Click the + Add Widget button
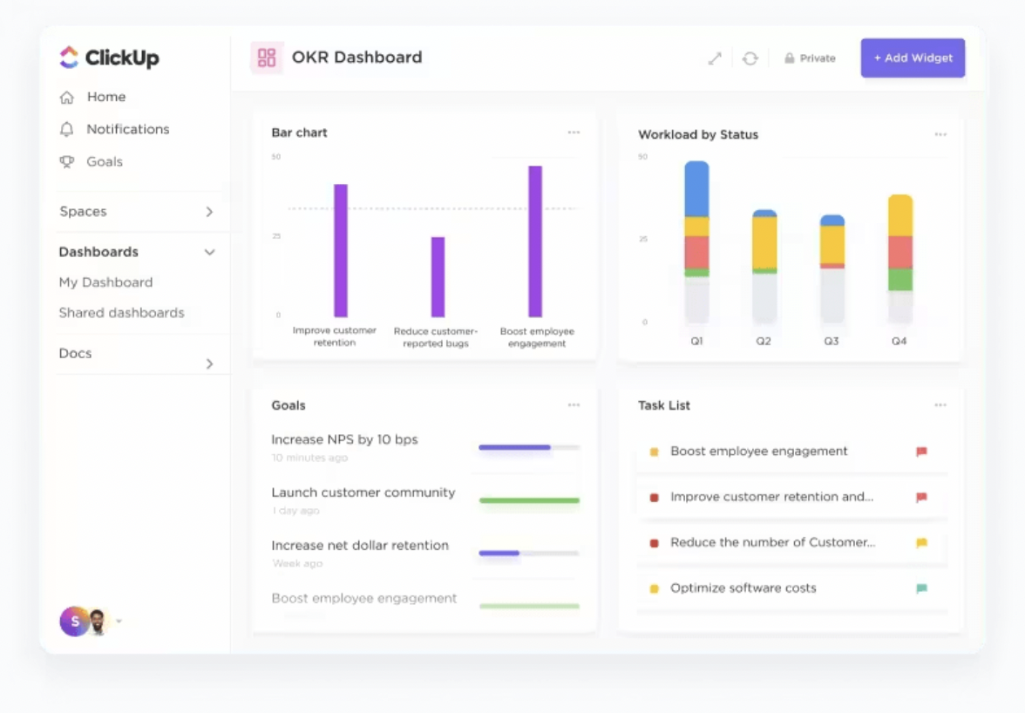pyautogui.click(x=913, y=58)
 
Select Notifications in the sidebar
pyautogui.click(x=127, y=129)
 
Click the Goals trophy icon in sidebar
pyautogui.click(x=66, y=162)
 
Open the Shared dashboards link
pyautogui.click(x=121, y=313)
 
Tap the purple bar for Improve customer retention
pyautogui.click(x=341, y=251)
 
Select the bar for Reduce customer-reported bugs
pyautogui.click(x=438, y=277)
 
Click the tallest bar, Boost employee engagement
pyautogui.click(x=535, y=241)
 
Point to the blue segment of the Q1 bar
pyautogui.click(x=696, y=189)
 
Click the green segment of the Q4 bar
pyautogui.click(x=900, y=280)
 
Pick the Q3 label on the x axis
pyautogui.click(x=832, y=342)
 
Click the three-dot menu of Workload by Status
pyautogui.click(x=940, y=135)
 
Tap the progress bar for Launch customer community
pyautogui.click(x=529, y=500)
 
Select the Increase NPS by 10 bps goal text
pyautogui.click(x=344, y=440)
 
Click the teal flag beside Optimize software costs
pyautogui.click(x=921, y=588)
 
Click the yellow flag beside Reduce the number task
pyautogui.click(x=921, y=543)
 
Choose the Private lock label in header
pyautogui.click(x=810, y=58)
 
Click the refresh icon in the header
pyautogui.click(x=750, y=58)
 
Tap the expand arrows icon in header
pyautogui.click(x=715, y=58)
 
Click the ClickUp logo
pyautogui.click(x=109, y=58)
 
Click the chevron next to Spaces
pyautogui.click(x=209, y=212)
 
